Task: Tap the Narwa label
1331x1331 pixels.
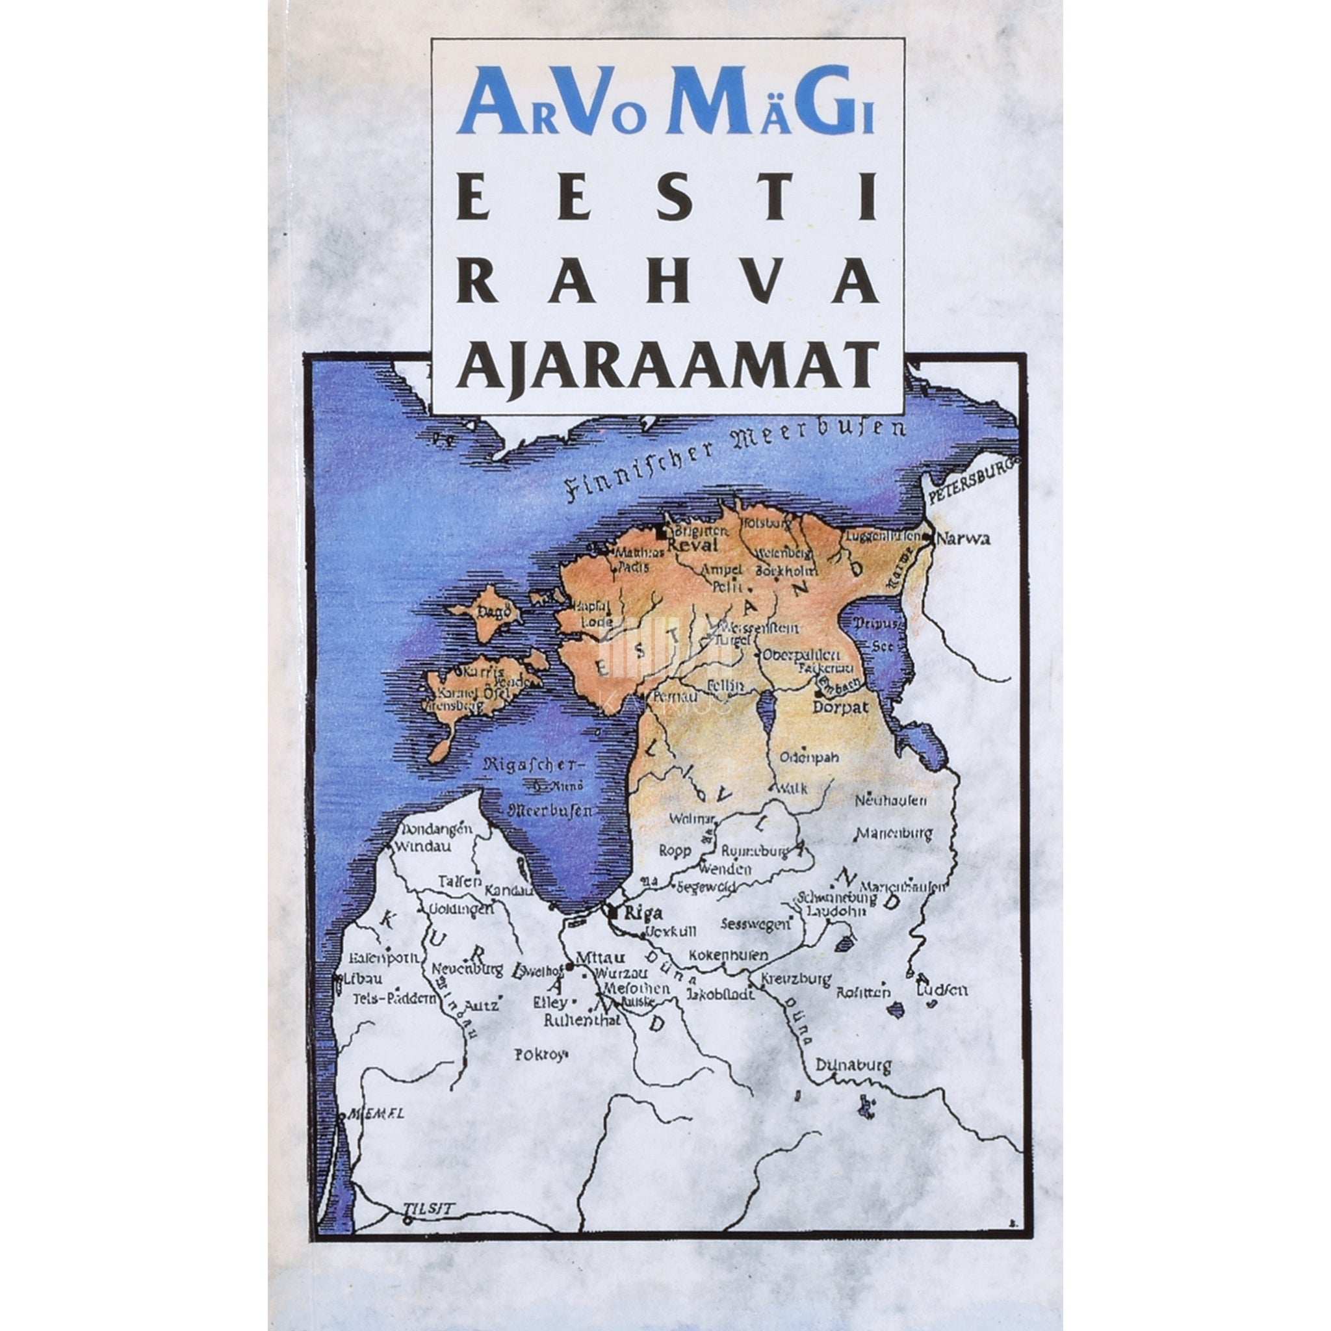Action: tap(965, 539)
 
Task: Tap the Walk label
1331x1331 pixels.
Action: tap(790, 788)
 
